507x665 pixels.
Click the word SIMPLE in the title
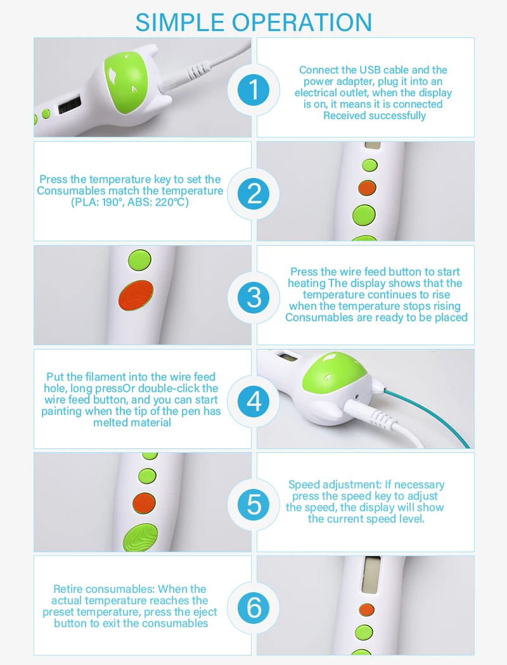(x=180, y=22)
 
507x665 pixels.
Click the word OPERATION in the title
(x=302, y=22)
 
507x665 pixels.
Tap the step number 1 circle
(x=253, y=90)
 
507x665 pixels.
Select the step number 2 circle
(x=253, y=194)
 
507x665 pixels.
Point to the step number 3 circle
(x=253, y=297)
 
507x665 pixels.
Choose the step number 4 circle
(x=253, y=401)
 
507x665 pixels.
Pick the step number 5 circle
(x=253, y=505)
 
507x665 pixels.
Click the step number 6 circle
(x=253, y=608)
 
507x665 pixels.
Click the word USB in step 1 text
(x=370, y=70)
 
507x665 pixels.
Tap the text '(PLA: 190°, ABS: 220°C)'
(x=130, y=202)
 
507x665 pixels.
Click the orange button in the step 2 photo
(x=367, y=188)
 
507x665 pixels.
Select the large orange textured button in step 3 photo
(x=136, y=295)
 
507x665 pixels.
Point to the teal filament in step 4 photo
(x=428, y=418)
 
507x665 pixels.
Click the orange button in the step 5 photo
(x=144, y=503)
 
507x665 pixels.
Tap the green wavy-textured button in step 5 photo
(x=141, y=538)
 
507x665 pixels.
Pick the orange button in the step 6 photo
(x=366, y=611)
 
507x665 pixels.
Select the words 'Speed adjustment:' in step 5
(x=335, y=484)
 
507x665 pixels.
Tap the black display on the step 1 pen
(x=70, y=105)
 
